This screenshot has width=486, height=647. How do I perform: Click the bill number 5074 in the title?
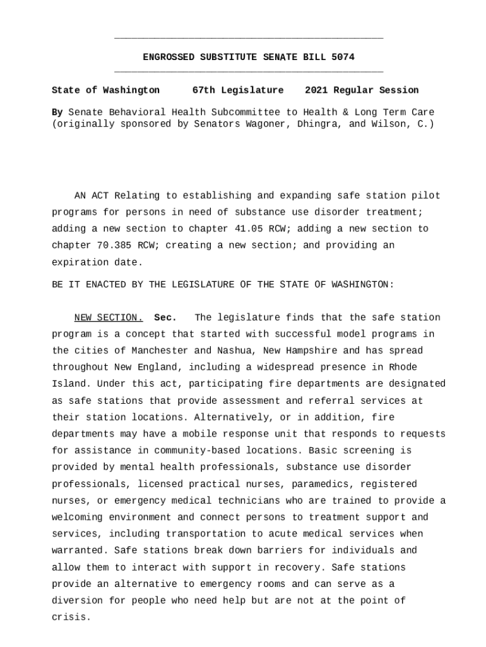click(x=343, y=57)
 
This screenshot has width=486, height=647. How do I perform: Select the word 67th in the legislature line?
click(x=203, y=90)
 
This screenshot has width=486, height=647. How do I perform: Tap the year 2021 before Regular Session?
click(x=316, y=90)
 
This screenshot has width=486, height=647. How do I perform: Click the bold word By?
click(x=57, y=112)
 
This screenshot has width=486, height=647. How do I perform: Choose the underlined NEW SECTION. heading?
click(x=109, y=318)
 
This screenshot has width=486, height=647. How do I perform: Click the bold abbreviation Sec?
click(x=165, y=318)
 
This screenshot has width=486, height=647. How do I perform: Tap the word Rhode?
click(x=403, y=367)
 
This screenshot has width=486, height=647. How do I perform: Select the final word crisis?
click(x=71, y=617)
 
